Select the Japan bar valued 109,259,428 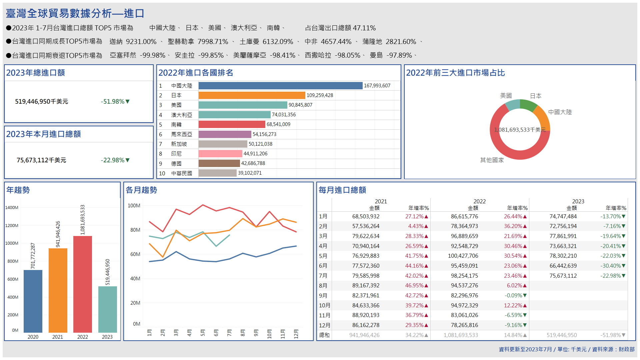[x=252, y=95]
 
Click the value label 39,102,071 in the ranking [x=250, y=173]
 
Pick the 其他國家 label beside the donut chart [x=492, y=160]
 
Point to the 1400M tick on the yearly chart [x=12, y=207]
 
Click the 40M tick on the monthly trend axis [x=135, y=279]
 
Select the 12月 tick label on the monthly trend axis [x=296, y=333]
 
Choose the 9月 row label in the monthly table [x=323, y=296]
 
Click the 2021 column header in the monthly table [x=381, y=201]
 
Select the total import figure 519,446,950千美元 [x=42, y=102]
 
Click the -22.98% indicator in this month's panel [x=115, y=160]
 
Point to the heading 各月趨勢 [x=141, y=190]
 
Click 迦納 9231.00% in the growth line [x=133, y=42]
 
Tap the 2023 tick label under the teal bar [x=107, y=337]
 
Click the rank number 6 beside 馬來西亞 [x=161, y=134]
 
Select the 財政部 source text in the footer [x=626, y=349]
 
